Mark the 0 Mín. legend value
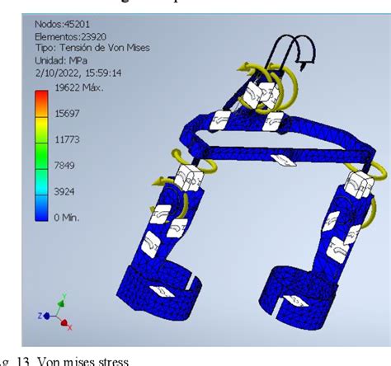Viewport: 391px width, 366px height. pyautogui.click(x=67, y=217)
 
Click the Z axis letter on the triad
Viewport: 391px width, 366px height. pyautogui.click(x=40, y=315)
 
